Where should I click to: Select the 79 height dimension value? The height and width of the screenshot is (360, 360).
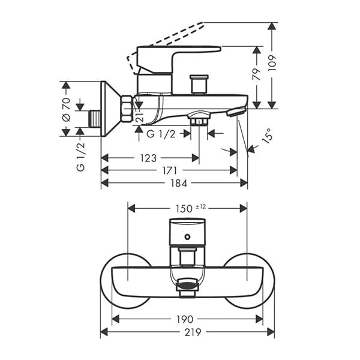[x=256, y=74]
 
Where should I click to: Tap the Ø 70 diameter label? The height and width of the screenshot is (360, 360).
[x=66, y=108]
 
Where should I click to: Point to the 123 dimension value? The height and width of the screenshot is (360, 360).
[x=148, y=158]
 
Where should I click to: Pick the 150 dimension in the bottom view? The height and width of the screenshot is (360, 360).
[x=184, y=209]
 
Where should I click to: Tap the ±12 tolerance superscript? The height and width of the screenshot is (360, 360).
[x=201, y=206]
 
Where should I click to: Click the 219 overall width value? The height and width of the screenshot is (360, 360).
[x=193, y=332]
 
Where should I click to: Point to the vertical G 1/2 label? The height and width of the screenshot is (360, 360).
[x=81, y=157]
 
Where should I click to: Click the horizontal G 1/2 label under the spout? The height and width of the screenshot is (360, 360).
[x=161, y=134]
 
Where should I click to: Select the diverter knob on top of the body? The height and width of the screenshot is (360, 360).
[x=198, y=83]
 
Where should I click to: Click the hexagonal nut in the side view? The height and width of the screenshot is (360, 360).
[x=127, y=108]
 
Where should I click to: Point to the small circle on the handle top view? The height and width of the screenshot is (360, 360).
[x=187, y=236]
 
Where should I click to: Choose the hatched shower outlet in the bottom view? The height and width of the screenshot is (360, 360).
[x=187, y=286]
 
